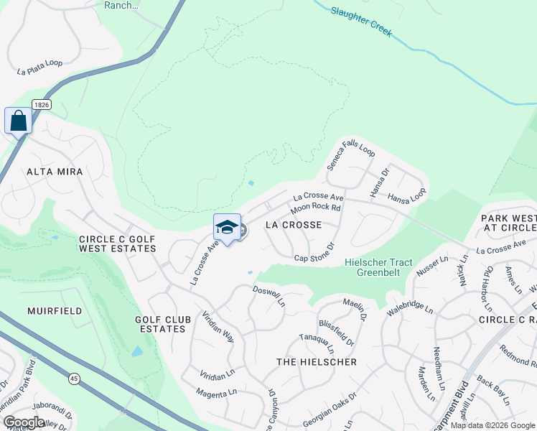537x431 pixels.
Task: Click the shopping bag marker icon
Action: pyautogui.click(x=18, y=121)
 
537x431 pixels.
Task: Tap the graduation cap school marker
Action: pyautogui.click(x=227, y=228)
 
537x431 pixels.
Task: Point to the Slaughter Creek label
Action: pyautogui.click(x=362, y=22)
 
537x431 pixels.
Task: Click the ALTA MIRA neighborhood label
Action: pyautogui.click(x=55, y=172)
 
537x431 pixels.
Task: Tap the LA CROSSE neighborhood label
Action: pyautogui.click(x=293, y=225)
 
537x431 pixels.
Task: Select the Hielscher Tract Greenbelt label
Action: pyautogui.click(x=379, y=267)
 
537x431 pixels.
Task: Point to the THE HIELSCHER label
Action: pyautogui.click(x=316, y=362)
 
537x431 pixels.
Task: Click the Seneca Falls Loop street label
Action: pyautogui.click(x=351, y=160)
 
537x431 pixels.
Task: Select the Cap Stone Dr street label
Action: pyautogui.click(x=314, y=253)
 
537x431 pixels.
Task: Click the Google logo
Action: pyautogui.click(x=24, y=422)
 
